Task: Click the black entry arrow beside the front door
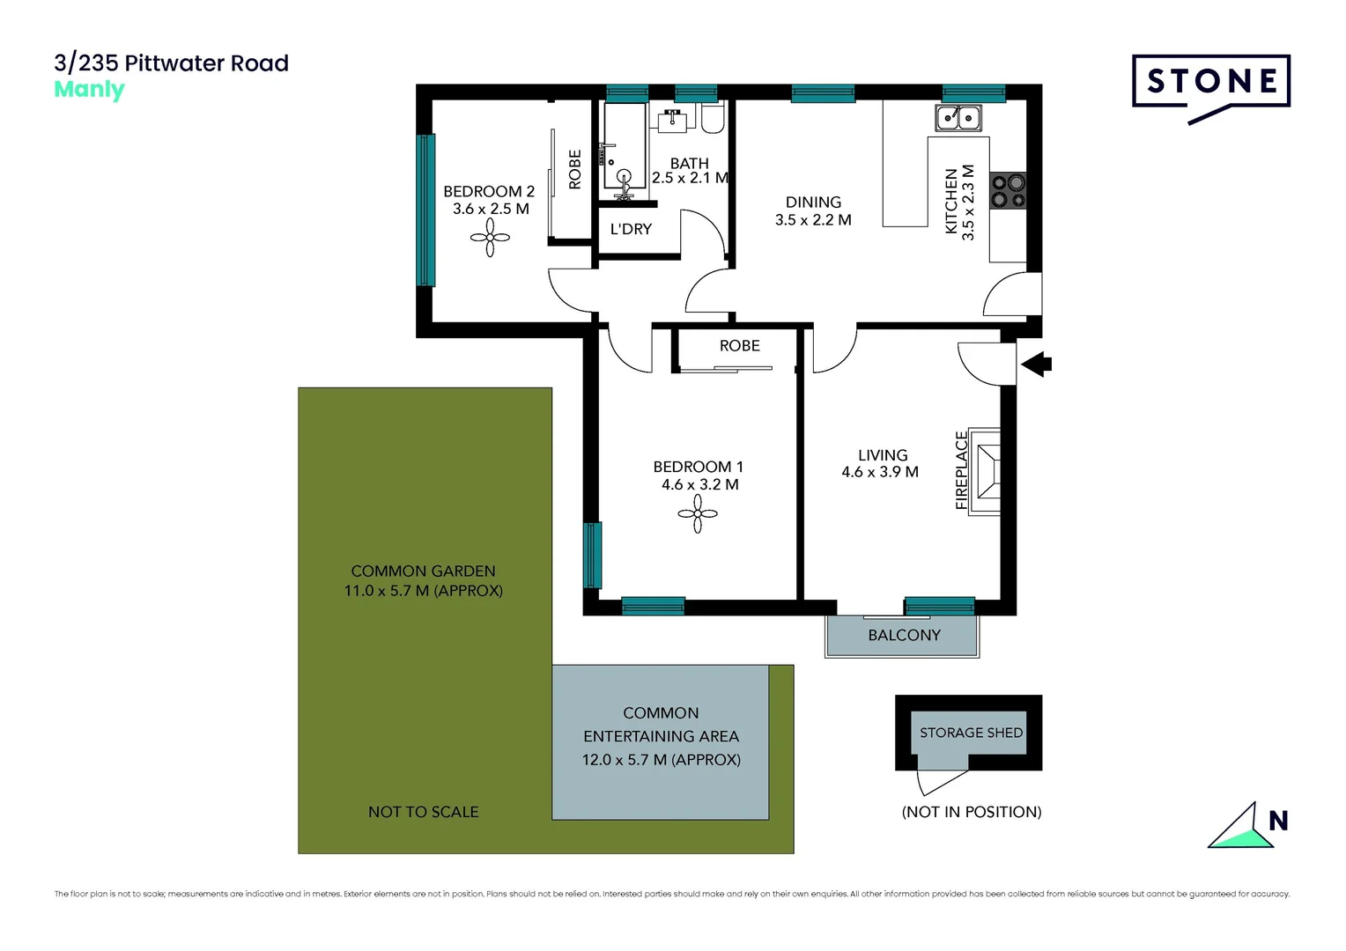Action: (1037, 364)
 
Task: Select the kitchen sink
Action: (958, 117)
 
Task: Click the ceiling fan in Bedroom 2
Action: (490, 237)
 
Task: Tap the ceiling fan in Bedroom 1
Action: (698, 513)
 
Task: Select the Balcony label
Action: (904, 635)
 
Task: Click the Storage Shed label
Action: (971, 733)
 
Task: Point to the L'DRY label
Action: (631, 229)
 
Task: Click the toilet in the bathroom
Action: (713, 119)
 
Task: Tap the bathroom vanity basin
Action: (673, 121)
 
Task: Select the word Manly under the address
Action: (89, 90)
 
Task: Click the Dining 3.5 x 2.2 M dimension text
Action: (813, 220)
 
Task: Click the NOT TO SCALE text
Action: (423, 812)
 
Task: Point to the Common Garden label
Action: (423, 571)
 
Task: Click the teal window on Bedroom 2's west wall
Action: (425, 210)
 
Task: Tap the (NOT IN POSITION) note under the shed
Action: (971, 812)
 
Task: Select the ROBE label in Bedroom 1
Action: (739, 346)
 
